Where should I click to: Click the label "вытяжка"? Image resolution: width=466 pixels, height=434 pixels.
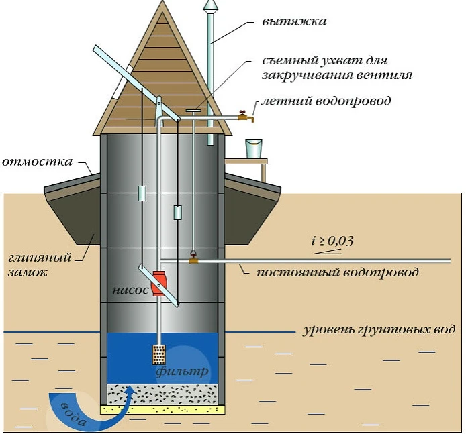pyautogui.click(x=294, y=21)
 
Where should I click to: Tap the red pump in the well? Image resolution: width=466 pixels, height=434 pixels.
pyautogui.click(x=158, y=284)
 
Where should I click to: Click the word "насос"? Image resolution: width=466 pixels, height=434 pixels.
pyautogui.click(x=130, y=290)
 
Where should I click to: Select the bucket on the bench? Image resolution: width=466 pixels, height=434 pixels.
pyautogui.click(x=254, y=148)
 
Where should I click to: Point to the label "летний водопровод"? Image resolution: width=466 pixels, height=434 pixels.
pyautogui.click(x=326, y=101)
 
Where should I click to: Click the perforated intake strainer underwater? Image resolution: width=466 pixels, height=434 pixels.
pyautogui.click(x=158, y=354)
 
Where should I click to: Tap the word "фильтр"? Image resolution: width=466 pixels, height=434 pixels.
pyautogui.click(x=182, y=372)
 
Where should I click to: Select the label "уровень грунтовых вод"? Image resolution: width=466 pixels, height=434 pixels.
pyautogui.click(x=379, y=330)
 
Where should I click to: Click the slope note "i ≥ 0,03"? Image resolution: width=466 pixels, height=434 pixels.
pyautogui.click(x=332, y=240)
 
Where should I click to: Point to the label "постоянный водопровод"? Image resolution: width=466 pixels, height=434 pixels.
pyautogui.click(x=337, y=272)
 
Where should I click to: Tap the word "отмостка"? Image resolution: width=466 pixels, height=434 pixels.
pyautogui.click(x=37, y=162)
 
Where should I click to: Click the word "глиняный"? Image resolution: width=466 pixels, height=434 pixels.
pyautogui.click(x=40, y=258)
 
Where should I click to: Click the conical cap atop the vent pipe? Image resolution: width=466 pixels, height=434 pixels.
pyautogui.click(x=209, y=6)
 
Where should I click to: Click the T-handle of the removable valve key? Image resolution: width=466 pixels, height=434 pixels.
pyautogui.click(x=193, y=111)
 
